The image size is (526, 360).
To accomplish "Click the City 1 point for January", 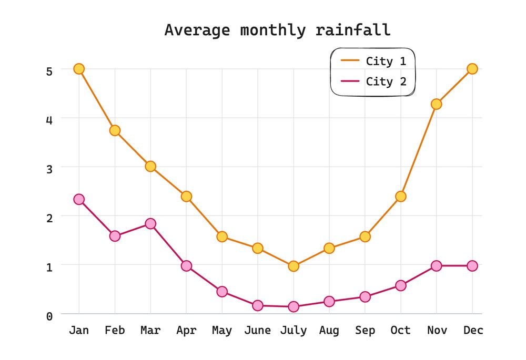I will tap(79, 69).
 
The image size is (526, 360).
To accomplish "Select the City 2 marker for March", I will tap(150, 223).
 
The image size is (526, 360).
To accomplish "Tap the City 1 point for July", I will tap(294, 266).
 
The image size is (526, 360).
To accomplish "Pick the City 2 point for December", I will tap(472, 265).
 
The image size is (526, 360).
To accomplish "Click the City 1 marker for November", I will tap(436, 104).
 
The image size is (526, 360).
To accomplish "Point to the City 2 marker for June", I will tap(258, 305).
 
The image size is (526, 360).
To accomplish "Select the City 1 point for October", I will tap(401, 196).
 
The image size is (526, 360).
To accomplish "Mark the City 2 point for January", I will tap(79, 199).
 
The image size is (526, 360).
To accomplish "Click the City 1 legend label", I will tap(386, 61).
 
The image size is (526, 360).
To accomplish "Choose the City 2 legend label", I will tap(386, 81).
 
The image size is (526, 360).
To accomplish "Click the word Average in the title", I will tap(197, 30).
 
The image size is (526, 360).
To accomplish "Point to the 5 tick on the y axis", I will tap(49, 71).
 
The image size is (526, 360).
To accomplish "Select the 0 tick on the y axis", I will tap(49, 316).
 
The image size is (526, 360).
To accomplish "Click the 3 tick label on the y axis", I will tap(49, 169).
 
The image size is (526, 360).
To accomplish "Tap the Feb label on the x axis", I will tap(115, 330).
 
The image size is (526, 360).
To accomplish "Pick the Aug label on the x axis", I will tap(329, 330).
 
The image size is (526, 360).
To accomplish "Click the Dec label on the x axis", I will tap(473, 330).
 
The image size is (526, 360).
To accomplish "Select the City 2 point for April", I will tap(186, 265).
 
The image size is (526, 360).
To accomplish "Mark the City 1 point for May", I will tap(222, 236).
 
